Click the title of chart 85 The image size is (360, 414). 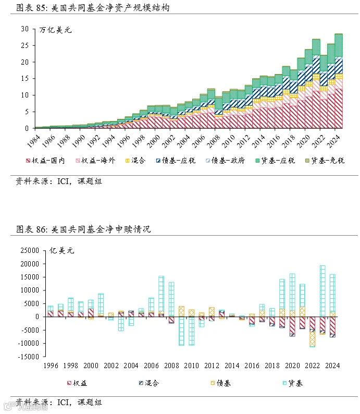(93, 7)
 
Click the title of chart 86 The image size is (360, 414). (83, 229)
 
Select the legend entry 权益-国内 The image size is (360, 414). (45, 160)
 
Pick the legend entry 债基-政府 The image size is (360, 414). (226, 160)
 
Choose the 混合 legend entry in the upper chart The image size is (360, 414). (135, 160)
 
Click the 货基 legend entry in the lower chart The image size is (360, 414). (293, 383)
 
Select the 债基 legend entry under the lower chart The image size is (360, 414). (221, 383)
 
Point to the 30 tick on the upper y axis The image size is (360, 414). (25, 29)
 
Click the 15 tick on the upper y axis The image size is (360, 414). (25, 78)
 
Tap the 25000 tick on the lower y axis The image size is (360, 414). (30, 250)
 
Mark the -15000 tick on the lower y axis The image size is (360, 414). (29, 357)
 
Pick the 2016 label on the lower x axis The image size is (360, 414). (252, 366)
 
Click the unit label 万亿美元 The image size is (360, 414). (55, 30)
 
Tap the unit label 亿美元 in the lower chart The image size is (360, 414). (61, 250)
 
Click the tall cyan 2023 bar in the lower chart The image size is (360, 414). (322, 291)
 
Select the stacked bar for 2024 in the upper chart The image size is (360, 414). (339, 81)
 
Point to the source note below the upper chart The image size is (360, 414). (59, 181)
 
